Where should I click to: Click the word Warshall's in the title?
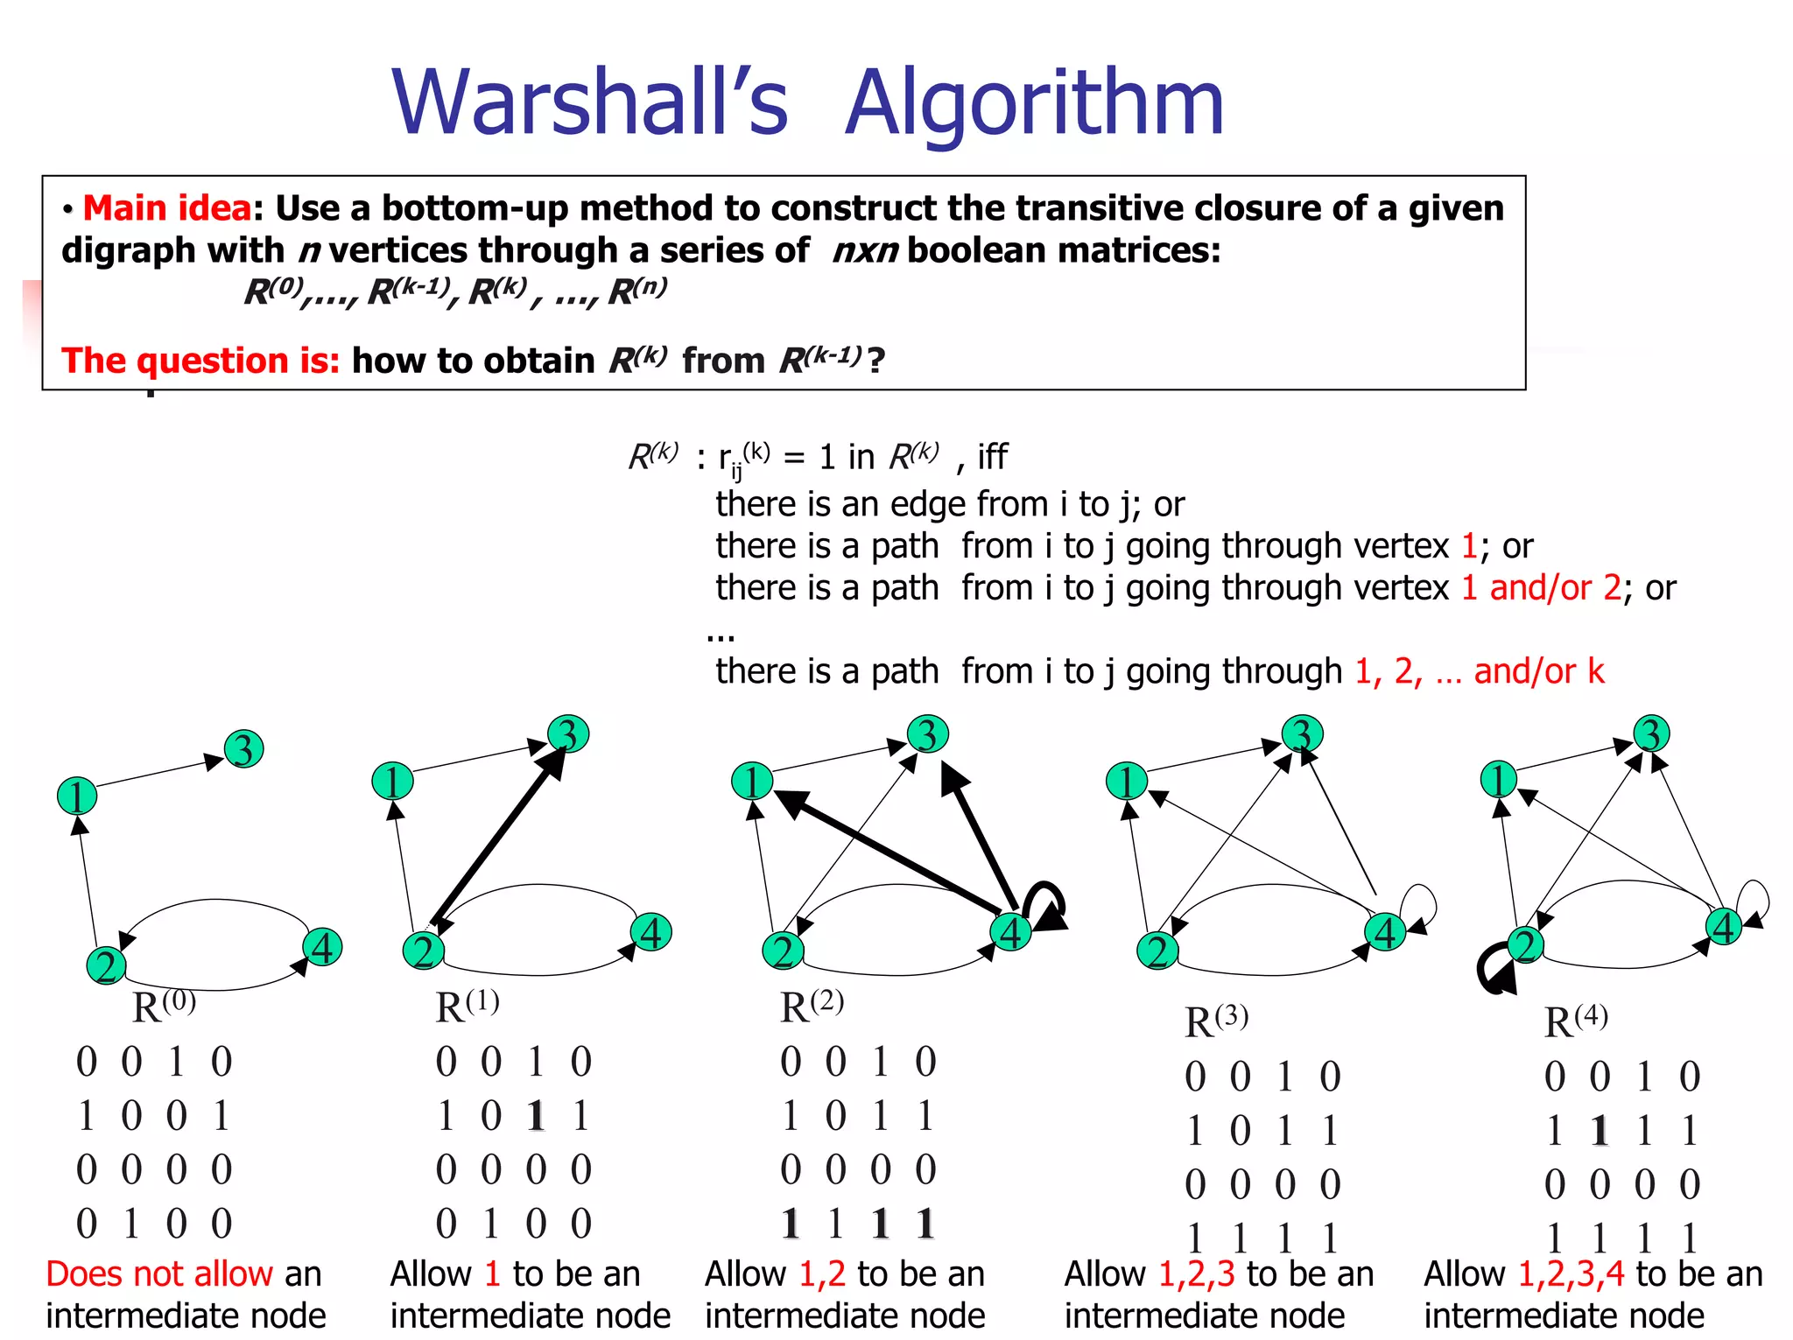tap(589, 102)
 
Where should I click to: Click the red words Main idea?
tap(167, 208)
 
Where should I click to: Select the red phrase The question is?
tap(200, 361)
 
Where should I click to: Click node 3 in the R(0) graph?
tap(243, 749)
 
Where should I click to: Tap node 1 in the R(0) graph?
tap(77, 796)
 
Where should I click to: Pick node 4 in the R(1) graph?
tap(651, 932)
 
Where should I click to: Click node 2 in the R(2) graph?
tap(783, 951)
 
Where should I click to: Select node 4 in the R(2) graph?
tap(1010, 932)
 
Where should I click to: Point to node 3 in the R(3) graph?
tap(1302, 734)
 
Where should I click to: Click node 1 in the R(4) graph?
tap(1498, 779)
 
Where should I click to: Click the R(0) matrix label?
tap(164, 1006)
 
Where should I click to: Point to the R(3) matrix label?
tap(1216, 1021)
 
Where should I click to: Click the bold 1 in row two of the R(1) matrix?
tap(536, 1116)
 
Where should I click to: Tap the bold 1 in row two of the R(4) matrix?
tap(1600, 1131)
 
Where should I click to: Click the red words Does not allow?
tap(159, 1274)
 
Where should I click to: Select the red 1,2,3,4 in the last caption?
tap(1572, 1274)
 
